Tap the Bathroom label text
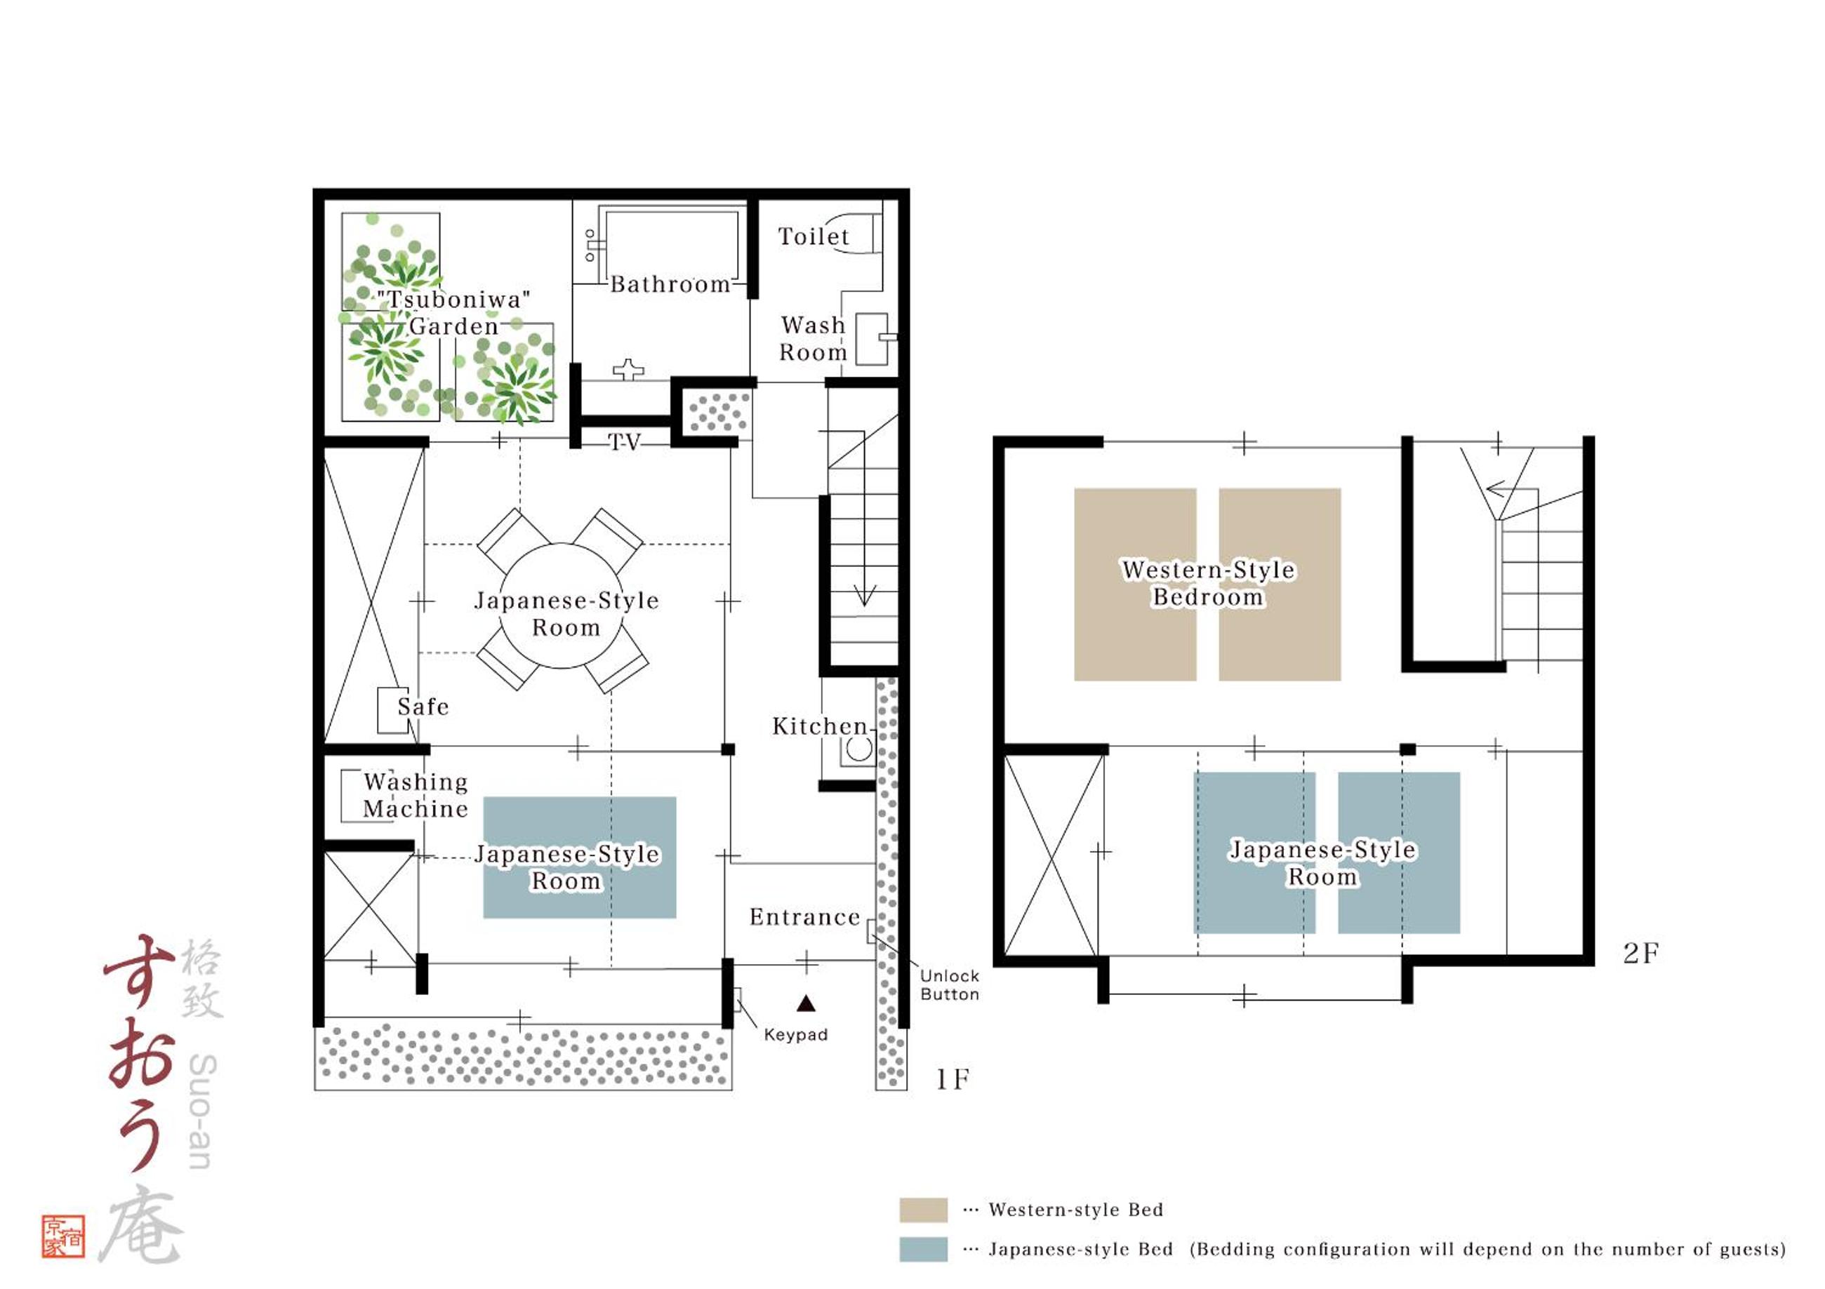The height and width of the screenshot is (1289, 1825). click(670, 283)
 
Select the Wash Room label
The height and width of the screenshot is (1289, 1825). click(812, 338)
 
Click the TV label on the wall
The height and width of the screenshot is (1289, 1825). click(624, 442)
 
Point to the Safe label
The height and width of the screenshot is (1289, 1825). click(423, 707)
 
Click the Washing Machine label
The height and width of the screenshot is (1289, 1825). click(415, 796)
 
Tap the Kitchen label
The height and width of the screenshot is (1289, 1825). click(820, 726)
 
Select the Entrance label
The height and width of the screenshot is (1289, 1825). click(804, 917)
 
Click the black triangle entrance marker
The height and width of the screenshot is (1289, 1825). click(806, 1003)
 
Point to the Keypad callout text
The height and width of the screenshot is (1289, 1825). click(796, 1035)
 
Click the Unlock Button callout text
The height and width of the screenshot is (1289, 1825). click(949, 984)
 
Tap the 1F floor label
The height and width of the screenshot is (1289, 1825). click(953, 1079)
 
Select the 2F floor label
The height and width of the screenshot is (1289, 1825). click(1640, 954)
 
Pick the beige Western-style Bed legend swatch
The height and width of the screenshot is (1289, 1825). click(923, 1210)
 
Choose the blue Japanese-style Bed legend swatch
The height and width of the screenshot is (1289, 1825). click(923, 1249)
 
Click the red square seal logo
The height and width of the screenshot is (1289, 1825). click(64, 1236)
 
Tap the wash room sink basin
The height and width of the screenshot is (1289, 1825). click(871, 340)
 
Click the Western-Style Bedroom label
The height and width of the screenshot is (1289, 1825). click(1208, 583)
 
